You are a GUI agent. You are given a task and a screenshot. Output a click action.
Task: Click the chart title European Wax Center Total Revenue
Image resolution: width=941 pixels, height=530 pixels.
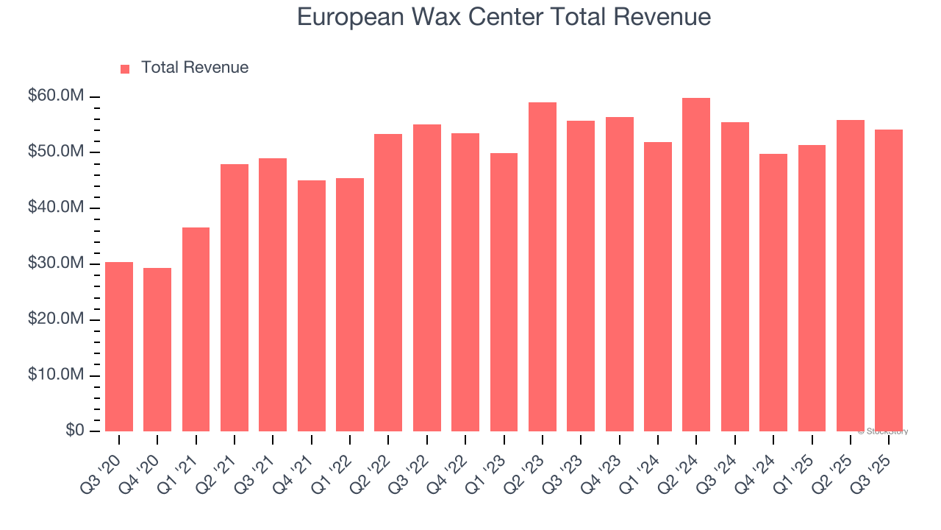504,17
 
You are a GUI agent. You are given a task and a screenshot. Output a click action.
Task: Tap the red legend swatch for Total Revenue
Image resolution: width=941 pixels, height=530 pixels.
125,68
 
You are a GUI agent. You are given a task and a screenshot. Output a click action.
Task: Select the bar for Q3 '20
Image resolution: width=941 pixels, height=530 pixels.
119,347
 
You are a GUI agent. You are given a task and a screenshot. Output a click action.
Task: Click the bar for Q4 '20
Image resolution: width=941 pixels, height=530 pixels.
157,350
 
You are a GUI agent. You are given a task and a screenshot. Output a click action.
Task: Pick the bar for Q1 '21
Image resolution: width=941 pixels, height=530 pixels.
196,330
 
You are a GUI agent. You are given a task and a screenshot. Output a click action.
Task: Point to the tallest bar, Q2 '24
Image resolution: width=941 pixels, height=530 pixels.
696,265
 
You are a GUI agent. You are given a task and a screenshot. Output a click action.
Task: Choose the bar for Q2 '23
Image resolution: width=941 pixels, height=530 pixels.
542,267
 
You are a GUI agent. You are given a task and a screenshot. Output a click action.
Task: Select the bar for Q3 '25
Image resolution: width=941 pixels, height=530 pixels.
888,280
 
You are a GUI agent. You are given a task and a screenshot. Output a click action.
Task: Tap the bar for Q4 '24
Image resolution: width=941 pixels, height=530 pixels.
773,293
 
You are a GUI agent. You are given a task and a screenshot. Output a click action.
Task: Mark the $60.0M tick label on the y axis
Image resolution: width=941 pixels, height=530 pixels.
56,96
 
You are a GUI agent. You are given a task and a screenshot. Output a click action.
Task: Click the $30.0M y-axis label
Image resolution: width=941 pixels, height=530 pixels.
56,264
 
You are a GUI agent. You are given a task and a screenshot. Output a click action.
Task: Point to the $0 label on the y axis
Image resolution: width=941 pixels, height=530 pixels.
74,431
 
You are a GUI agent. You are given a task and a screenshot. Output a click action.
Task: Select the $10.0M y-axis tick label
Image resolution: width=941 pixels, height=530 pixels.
56,375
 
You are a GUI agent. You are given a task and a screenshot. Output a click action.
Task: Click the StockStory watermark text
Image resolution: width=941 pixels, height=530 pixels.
883,431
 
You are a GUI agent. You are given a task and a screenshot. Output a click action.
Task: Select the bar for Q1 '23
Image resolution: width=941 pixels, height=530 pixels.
504,292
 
